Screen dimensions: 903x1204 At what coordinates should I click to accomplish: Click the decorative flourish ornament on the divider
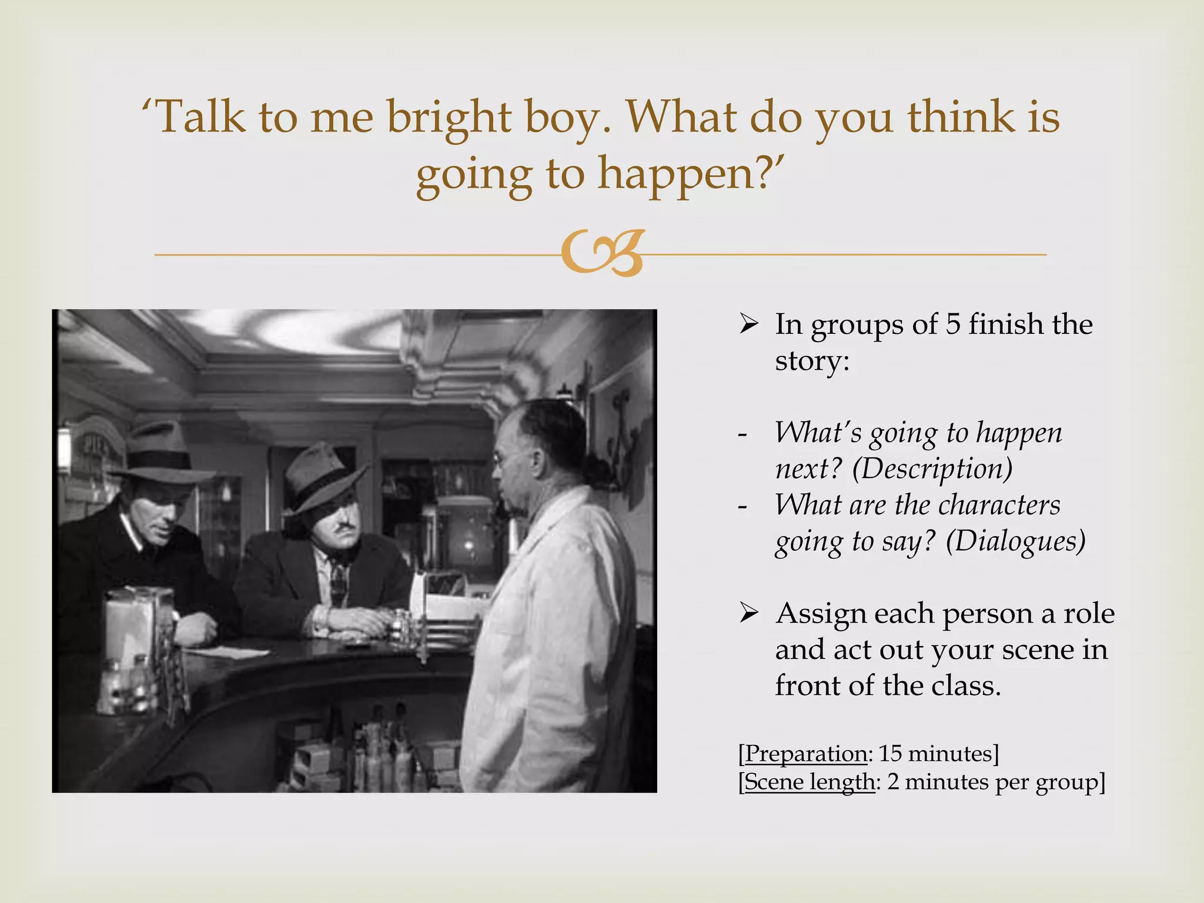[603, 253]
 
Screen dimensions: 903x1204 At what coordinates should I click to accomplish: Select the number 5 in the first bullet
[952, 324]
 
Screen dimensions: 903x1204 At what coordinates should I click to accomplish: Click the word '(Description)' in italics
[932, 469]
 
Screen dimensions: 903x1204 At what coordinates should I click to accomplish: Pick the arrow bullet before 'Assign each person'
[748, 613]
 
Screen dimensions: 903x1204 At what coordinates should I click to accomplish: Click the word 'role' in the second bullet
[1089, 613]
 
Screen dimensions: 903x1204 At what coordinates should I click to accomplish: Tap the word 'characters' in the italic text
[994, 505]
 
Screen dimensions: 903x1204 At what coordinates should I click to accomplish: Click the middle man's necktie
[339, 579]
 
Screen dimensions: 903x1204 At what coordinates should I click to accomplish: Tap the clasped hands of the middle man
[347, 621]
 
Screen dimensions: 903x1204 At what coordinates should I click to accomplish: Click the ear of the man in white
[536, 461]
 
